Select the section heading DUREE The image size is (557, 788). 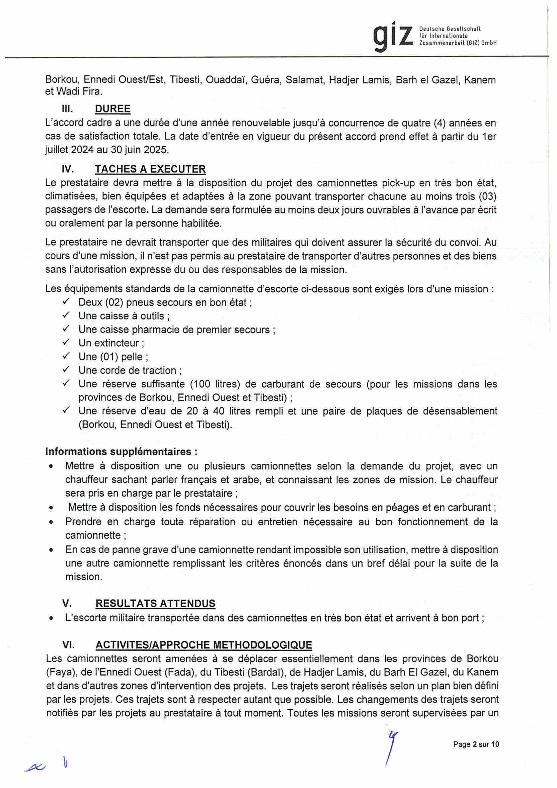[112, 109]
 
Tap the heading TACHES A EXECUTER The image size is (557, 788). [150, 169]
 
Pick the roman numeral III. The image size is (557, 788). [67, 109]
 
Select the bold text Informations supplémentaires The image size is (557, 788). [121, 451]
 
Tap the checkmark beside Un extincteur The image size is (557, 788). [66, 342]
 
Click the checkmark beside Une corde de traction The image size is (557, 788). [66, 370]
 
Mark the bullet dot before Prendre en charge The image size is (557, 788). [51, 522]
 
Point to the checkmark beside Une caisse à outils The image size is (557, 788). [66, 315]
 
